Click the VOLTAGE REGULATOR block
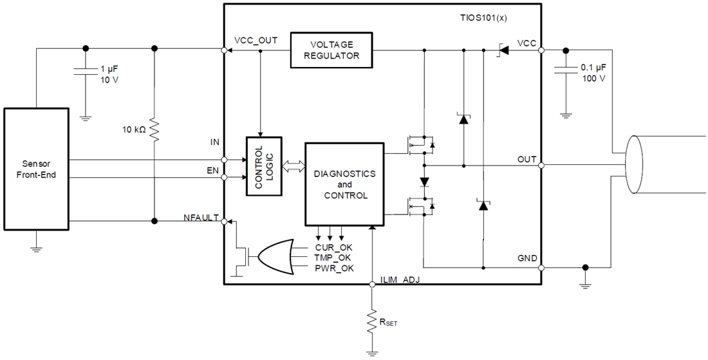pyautogui.click(x=332, y=50)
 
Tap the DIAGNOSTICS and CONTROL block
pyautogui.click(x=344, y=184)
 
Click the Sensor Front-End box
pyautogui.click(x=36, y=169)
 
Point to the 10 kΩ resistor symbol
pyautogui.click(x=154, y=129)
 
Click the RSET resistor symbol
pyautogui.click(x=372, y=320)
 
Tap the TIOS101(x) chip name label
pyautogui.click(x=480, y=18)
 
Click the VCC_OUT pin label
pyautogui.click(x=256, y=40)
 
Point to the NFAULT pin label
pyautogui.click(x=200, y=218)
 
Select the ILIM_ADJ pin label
pyautogui.click(x=400, y=279)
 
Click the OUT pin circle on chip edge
pyautogui.click(x=541, y=166)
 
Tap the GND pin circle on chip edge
pyautogui.click(x=541, y=267)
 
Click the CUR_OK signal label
pyautogui.click(x=333, y=247)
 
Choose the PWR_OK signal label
pyautogui.click(x=333, y=268)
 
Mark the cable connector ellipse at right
pyautogui.click(x=633, y=166)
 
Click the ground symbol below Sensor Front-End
pyautogui.click(x=36, y=247)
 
